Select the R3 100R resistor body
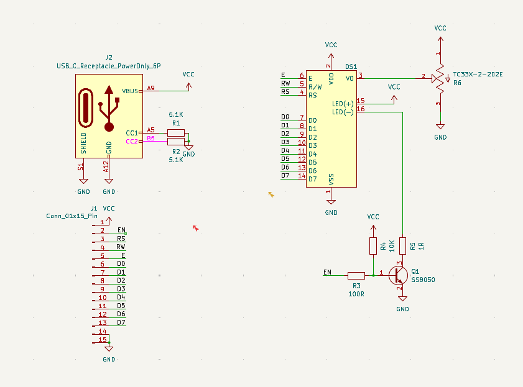tap(356, 275)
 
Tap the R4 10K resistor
tap(373, 246)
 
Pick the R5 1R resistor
tap(402, 246)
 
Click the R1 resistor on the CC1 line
tap(176, 132)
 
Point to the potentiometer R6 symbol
tap(440, 78)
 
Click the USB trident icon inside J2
tap(109, 108)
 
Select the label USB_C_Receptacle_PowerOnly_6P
tap(109, 65)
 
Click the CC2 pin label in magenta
tap(131, 141)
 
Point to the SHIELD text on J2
tap(84, 143)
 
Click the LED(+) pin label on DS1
tap(343, 104)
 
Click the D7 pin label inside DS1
tap(312, 179)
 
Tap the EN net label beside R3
tap(327, 272)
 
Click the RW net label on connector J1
tap(121, 247)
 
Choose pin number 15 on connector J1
tap(103, 339)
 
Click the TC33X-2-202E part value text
tap(478, 75)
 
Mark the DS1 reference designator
tap(351, 66)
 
